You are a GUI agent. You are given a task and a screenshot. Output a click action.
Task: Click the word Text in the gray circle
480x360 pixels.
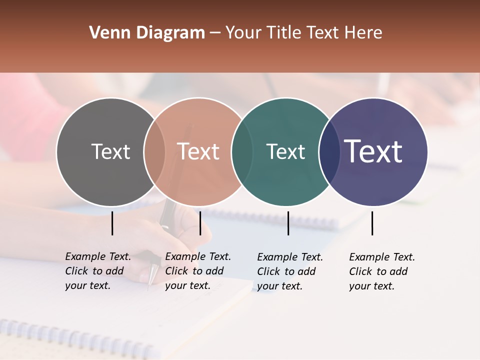point(110,151)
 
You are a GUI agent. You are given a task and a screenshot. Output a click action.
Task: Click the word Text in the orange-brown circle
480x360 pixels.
point(198,151)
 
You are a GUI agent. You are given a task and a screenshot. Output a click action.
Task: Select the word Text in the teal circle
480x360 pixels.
point(285,151)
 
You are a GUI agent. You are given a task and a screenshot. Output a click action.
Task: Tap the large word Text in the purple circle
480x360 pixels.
point(373,151)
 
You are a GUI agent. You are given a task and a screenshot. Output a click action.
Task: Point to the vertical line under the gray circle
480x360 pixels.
point(112,223)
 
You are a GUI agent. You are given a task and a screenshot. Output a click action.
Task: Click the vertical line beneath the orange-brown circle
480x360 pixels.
point(200,223)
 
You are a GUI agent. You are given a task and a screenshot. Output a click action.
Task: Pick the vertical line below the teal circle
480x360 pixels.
point(288,223)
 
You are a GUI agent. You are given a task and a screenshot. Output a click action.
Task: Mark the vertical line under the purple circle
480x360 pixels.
point(372,223)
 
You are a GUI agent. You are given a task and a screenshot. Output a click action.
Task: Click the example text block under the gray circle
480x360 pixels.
point(98,271)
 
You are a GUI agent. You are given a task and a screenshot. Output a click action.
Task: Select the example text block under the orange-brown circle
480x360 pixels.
point(198,271)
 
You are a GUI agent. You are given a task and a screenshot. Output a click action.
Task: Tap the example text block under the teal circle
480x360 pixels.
point(290,271)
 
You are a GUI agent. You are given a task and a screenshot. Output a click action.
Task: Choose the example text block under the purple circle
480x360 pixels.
point(382,271)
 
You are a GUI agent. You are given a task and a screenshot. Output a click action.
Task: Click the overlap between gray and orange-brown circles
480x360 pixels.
point(154,151)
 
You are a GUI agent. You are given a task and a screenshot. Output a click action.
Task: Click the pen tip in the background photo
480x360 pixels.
point(149,288)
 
